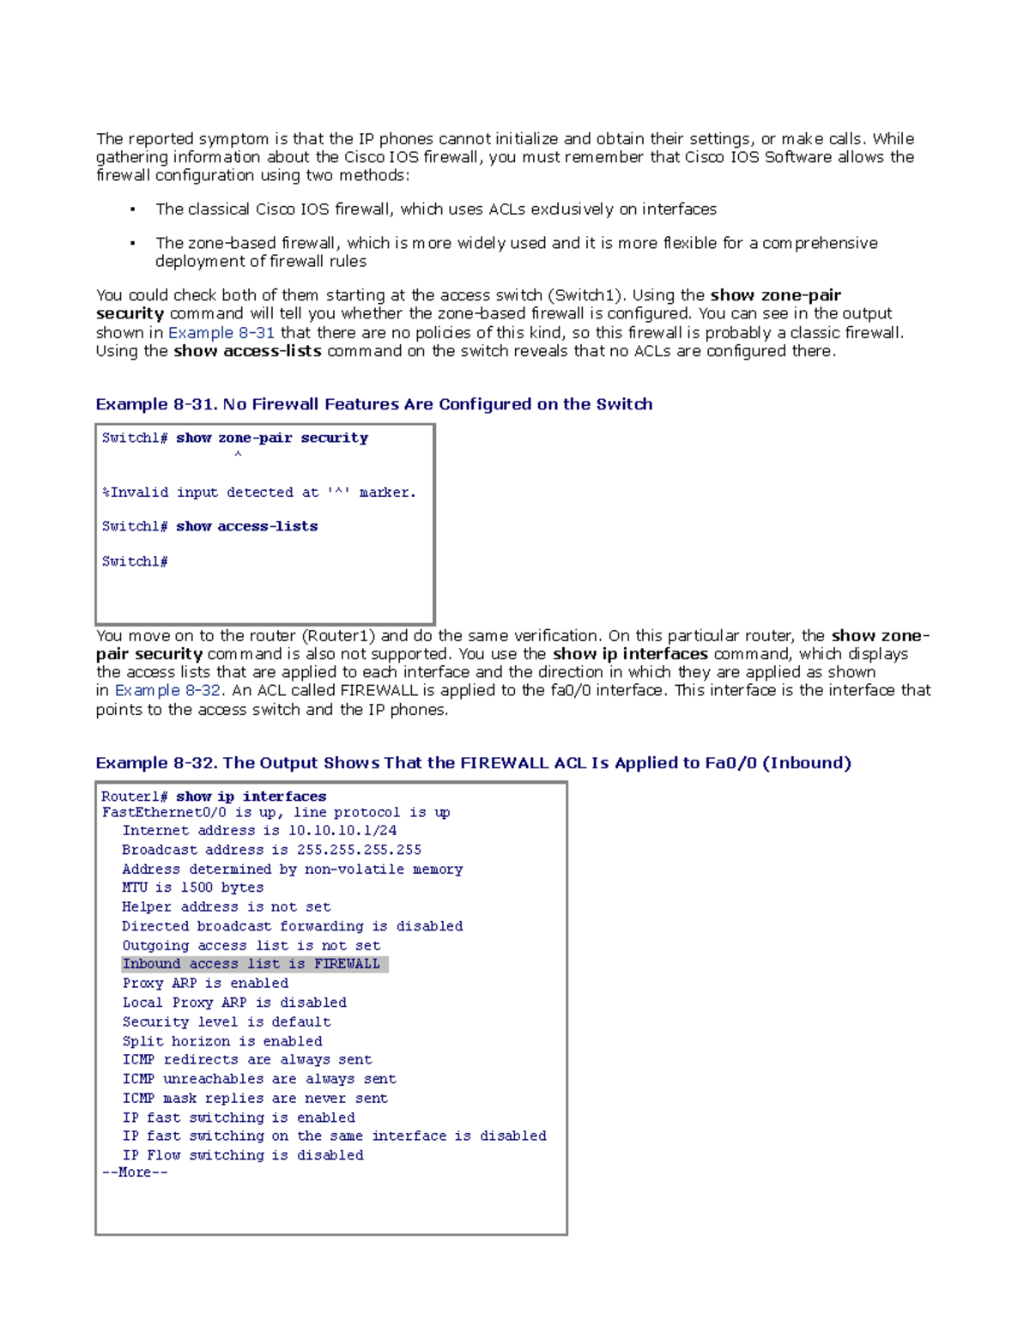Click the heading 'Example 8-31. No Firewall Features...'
(x=373, y=404)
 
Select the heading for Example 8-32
(x=473, y=763)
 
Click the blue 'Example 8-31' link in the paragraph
(x=221, y=333)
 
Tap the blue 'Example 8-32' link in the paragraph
(x=168, y=691)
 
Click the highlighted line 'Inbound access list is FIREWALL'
(x=251, y=964)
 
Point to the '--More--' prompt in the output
(x=135, y=1172)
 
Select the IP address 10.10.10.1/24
(x=342, y=831)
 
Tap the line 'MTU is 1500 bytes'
(x=192, y=888)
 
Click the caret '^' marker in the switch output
(x=238, y=455)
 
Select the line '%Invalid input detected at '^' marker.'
(x=258, y=493)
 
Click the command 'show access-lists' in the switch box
(x=246, y=526)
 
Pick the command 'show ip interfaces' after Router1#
(x=251, y=797)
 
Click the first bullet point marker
(x=132, y=210)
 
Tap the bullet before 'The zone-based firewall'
(x=132, y=244)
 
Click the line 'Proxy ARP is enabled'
(x=205, y=984)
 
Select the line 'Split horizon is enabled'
(x=221, y=1041)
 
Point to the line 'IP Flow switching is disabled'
(x=242, y=1155)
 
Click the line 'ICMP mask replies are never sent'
(x=254, y=1099)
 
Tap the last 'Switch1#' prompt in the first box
(x=135, y=561)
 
